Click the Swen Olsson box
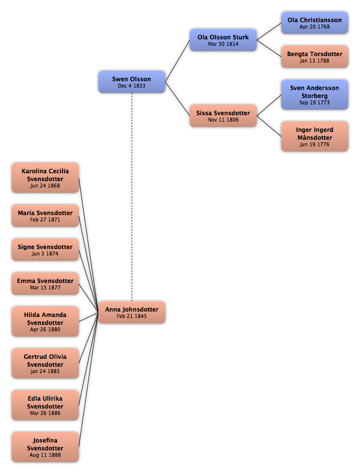pyautogui.click(x=132, y=82)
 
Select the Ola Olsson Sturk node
pyautogui.click(x=223, y=40)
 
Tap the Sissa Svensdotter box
pyautogui.click(x=223, y=116)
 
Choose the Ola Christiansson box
pyautogui.click(x=314, y=23)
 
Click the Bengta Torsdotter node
pyautogui.click(x=314, y=57)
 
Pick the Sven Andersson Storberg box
pyautogui.click(x=314, y=95)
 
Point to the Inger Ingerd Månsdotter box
pyautogui.click(x=314, y=137)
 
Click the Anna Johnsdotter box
pyautogui.click(x=132, y=312)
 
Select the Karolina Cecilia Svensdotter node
pyautogui.click(x=45, y=178)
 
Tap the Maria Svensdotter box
pyautogui.click(x=45, y=216)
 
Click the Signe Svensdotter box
pyautogui.click(x=45, y=250)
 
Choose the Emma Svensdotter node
pyautogui.click(x=45, y=284)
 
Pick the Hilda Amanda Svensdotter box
pyautogui.click(x=45, y=321)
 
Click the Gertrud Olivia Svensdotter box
pyautogui.click(x=45, y=363)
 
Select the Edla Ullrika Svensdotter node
pyautogui.click(x=45, y=405)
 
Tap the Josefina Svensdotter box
pyautogui.click(x=45, y=447)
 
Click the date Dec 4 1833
pyautogui.click(x=132, y=86)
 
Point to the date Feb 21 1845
pyautogui.click(x=132, y=316)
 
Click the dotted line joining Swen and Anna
pyautogui.click(x=132, y=197)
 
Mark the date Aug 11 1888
pyautogui.click(x=45, y=455)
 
